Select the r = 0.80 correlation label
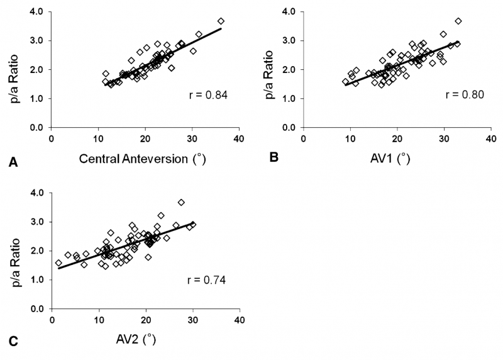(462, 96)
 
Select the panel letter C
(13, 343)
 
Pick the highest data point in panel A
(221, 21)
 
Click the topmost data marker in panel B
(458, 21)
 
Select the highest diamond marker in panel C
(181, 202)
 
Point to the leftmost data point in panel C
(58, 262)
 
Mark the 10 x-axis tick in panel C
(98, 320)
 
